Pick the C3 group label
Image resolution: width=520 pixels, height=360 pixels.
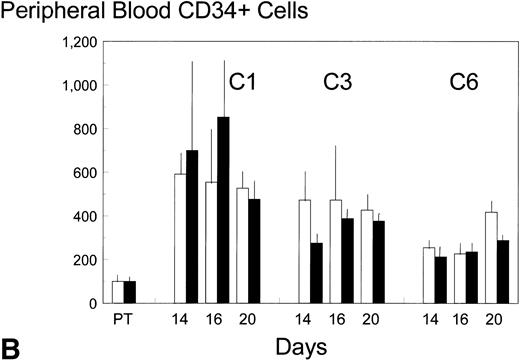tap(336, 80)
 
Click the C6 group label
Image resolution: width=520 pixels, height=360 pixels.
tap(463, 80)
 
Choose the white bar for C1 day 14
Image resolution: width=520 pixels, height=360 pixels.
tap(181, 238)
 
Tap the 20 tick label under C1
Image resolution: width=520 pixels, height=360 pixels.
tap(247, 323)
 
